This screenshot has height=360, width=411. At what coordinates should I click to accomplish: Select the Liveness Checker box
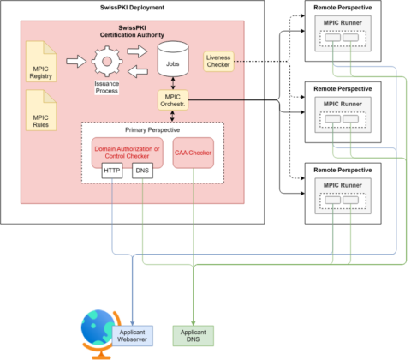[x=220, y=62]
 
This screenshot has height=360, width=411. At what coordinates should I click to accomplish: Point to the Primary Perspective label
[x=152, y=129]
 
